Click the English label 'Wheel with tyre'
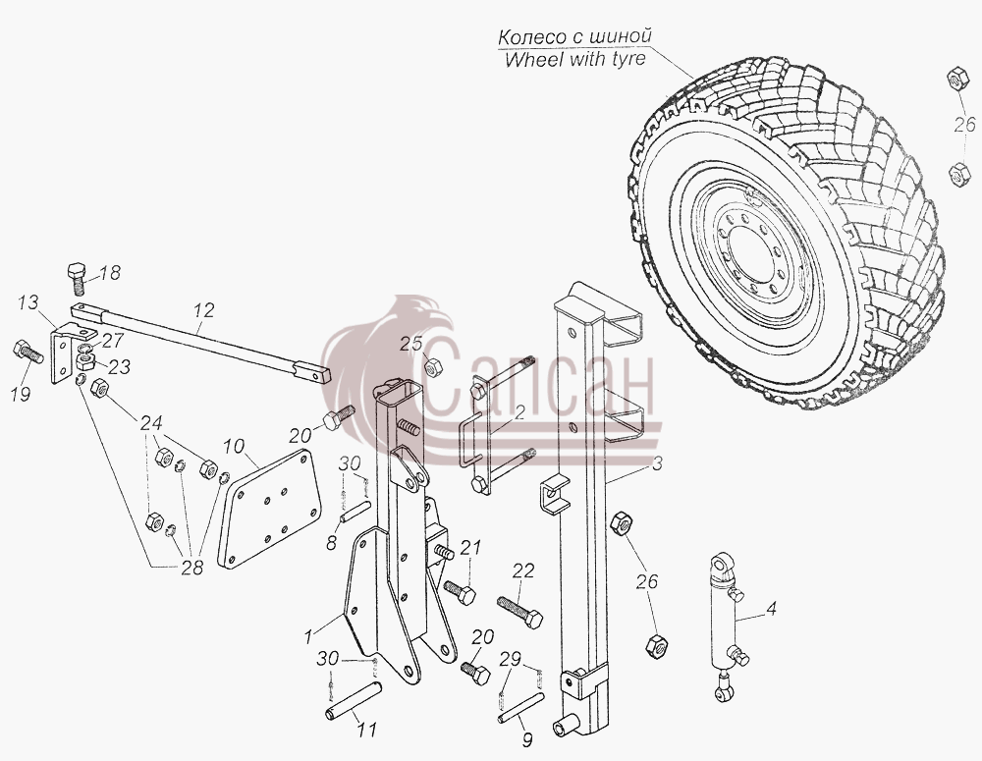574,60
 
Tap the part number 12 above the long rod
205,310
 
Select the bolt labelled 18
77,279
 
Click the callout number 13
28,303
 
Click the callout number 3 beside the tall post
657,464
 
